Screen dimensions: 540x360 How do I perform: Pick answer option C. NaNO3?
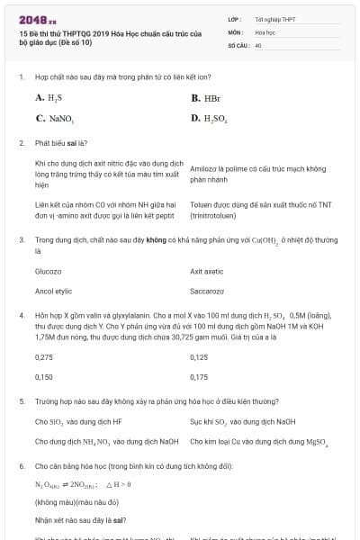(55, 119)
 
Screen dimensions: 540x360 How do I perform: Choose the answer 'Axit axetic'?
(207, 270)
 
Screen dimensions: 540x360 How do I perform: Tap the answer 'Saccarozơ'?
(207, 291)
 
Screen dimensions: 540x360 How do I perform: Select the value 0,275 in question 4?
(44, 357)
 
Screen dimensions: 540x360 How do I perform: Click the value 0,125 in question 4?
(199, 357)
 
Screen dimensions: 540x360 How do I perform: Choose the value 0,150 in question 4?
(44, 377)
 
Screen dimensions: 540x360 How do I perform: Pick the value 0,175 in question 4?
(199, 377)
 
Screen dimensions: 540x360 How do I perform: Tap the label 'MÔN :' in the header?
(236, 31)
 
